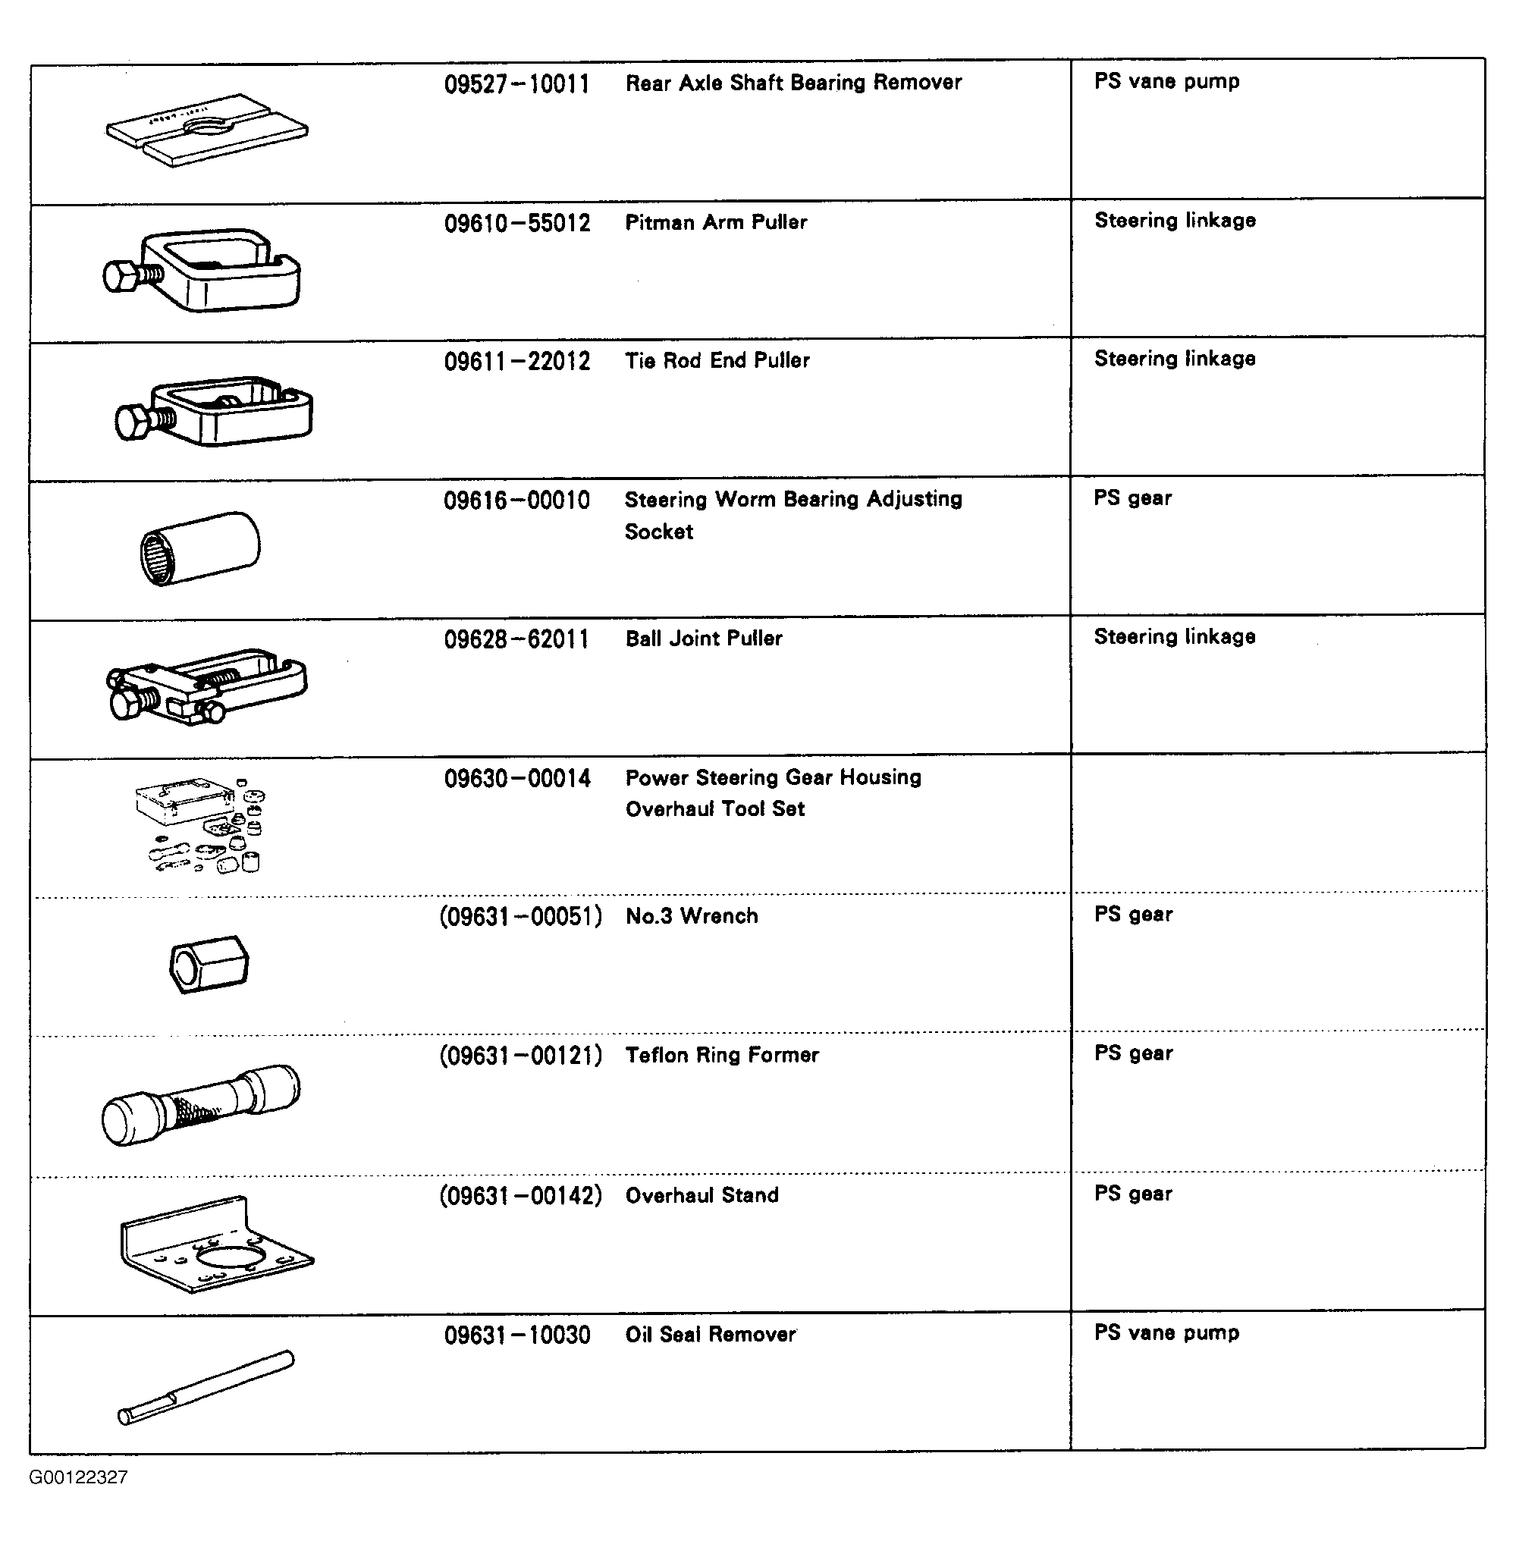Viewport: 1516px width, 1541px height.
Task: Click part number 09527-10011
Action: (x=516, y=83)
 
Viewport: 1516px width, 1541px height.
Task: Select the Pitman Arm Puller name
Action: (x=716, y=222)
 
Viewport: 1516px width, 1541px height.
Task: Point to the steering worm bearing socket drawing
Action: (x=200, y=549)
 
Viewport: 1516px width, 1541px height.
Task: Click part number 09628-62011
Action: (x=516, y=639)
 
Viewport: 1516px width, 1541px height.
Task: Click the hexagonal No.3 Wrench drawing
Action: (x=209, y=964)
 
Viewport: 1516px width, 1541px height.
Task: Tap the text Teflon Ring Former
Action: (x=722, y=1055)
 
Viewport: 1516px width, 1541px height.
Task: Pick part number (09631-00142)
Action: (x=521, y=1195)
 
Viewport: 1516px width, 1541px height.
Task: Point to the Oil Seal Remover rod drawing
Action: (x=206, y=1387)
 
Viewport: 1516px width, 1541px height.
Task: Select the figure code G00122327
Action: (x=78, y=1477)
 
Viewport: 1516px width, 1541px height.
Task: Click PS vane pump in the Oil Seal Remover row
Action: (x=1166, y=1332)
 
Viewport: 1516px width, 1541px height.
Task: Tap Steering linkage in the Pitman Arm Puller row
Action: (x=1175, y=221)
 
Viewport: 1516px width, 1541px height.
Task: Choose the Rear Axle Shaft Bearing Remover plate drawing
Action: (x=207, y=130)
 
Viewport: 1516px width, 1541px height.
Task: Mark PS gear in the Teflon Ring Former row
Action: (x=1133, y=1053)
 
